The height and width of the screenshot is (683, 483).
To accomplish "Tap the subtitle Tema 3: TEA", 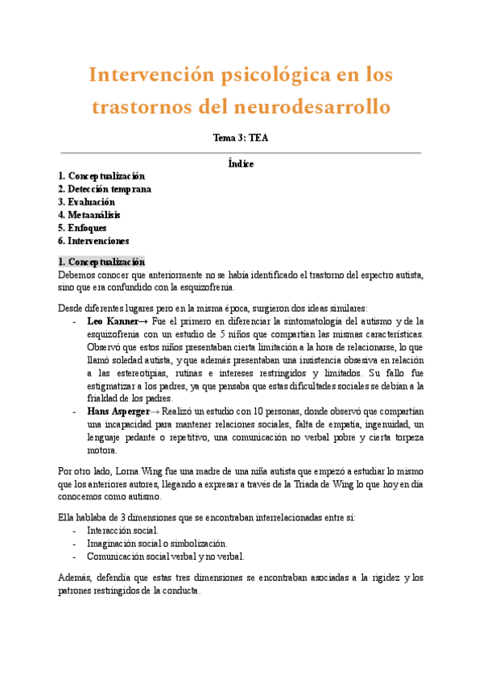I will [241, 138].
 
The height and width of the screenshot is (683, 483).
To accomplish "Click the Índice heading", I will [241, 164].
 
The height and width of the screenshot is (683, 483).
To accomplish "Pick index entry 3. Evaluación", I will [86, 201].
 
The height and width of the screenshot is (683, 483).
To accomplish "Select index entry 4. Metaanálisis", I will [89, 214].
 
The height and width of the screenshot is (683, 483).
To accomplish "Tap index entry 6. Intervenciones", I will [93, 240].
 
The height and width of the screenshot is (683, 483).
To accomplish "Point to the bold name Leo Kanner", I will [112, 321].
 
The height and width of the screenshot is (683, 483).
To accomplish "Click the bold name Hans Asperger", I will [118, 411].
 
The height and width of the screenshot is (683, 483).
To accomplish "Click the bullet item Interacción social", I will [122, 530].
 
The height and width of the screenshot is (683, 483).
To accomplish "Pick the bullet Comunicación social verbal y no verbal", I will [165, 556].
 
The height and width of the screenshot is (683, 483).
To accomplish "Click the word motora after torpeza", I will [101, 450].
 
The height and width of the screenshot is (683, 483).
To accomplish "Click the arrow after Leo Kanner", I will [143, 321].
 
